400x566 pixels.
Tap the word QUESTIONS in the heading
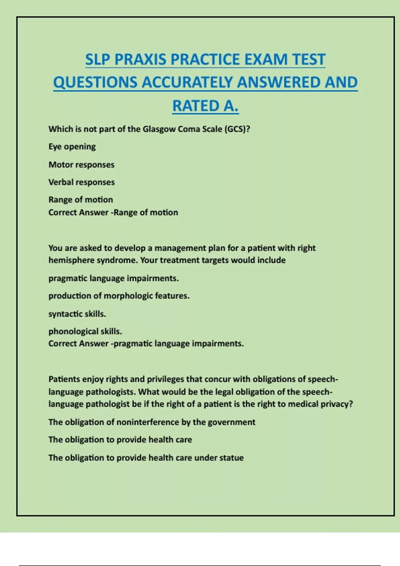click(x=95, y=83)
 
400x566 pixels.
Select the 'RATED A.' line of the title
click(x=205, y=106)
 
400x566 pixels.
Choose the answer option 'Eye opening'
click(x=72, y=147)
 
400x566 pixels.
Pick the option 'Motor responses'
click(x=81, y=165)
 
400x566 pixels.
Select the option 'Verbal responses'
click(x=81, y=182)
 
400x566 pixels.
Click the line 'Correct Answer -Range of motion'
click(x=113, y=212)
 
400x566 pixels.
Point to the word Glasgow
click(x=159, y=129)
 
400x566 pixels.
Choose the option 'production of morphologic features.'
click(x=119, y=296)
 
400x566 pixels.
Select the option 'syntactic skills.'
click(x=77, y=314)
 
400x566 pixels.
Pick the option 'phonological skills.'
click(x=85, y=332)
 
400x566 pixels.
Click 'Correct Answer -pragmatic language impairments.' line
click(x=146, y=344)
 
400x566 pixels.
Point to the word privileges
click(x=165, y=379)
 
